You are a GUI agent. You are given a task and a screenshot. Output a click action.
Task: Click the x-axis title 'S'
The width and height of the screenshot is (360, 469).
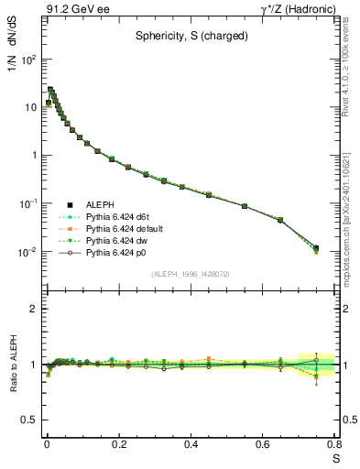pos(336,458)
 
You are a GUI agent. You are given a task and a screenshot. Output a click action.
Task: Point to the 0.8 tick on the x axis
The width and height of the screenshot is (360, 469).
pos(335,443)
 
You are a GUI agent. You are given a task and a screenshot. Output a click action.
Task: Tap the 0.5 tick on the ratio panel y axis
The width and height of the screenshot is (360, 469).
pos(29,419)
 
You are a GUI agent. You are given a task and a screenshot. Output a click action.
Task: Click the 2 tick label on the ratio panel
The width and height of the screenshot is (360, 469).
pos(33,309)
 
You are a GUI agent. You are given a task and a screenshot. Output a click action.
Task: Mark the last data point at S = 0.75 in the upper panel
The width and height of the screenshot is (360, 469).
pos(316,248)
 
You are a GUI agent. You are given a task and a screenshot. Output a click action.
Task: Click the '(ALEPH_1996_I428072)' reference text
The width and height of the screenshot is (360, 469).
pos(191,274)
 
